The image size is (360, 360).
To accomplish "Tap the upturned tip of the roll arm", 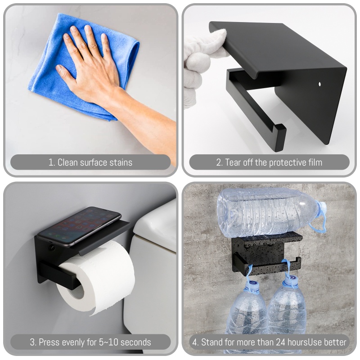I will click(x=279, y=133).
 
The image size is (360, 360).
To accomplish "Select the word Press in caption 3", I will click(x=49, y=342).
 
